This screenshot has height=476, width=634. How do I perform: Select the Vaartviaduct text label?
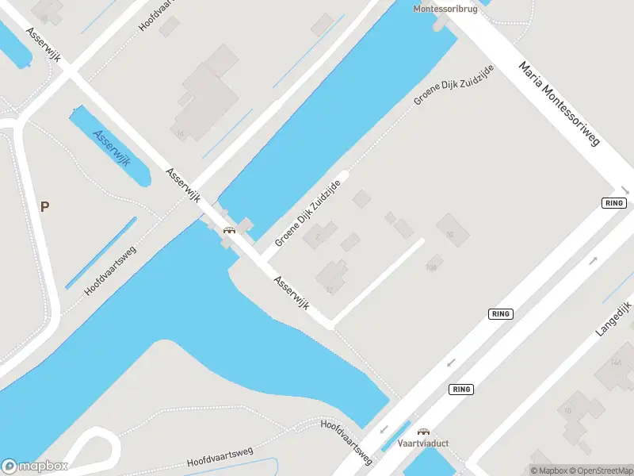(422, 443)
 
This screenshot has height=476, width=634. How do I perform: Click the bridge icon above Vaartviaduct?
(422, 431)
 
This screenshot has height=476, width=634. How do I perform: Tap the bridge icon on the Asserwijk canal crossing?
(229, 230)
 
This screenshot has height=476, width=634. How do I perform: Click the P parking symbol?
(45, 207)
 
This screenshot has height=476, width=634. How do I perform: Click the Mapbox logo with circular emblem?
(34, 466)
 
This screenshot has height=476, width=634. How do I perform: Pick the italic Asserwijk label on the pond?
(111, 147)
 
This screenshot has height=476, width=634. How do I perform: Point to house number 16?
(182, 133)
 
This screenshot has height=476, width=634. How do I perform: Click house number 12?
(329, 290)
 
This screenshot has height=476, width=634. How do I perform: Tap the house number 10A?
(432, 267)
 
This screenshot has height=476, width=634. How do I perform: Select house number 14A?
(616, 362)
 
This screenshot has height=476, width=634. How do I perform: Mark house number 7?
(317, 236)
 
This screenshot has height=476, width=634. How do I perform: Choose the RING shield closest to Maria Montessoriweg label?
(614, 203)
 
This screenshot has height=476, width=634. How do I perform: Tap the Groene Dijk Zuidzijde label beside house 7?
(307, 212)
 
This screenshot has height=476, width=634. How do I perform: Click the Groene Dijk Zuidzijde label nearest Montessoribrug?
(454, 86)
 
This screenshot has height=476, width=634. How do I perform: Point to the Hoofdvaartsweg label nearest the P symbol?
(110, 271)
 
